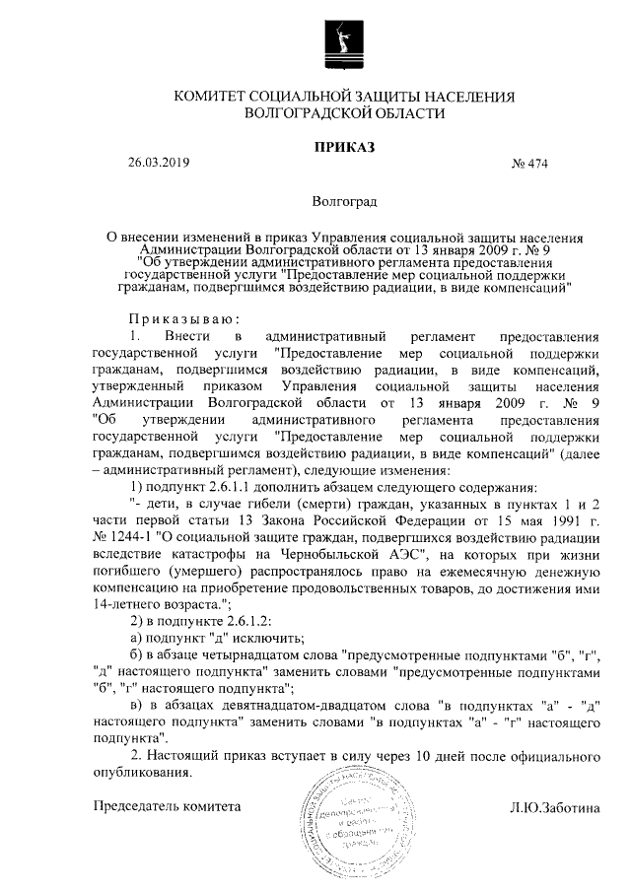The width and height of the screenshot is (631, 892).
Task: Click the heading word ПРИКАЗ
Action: click(344, 148)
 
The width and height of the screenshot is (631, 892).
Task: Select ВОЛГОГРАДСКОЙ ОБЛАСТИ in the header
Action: click(344, 113)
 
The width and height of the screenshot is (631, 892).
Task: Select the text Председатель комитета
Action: click(167, 806)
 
